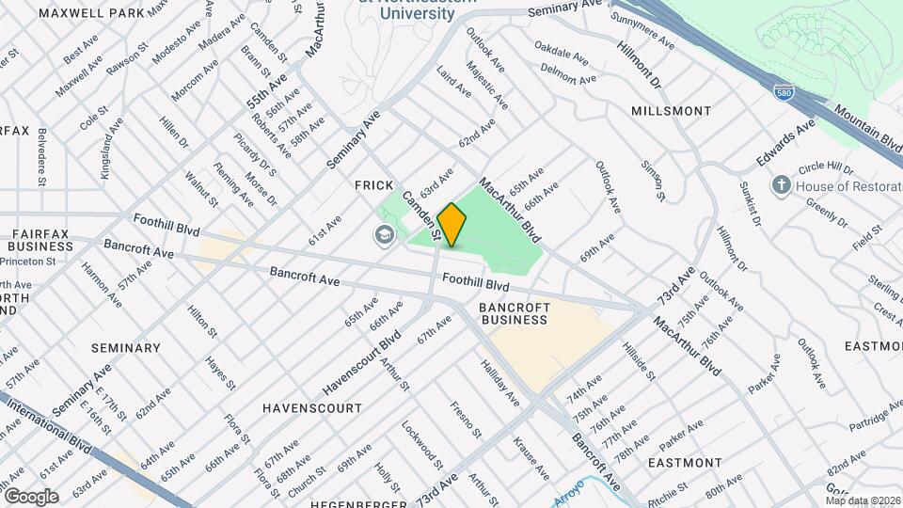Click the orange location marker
tap(451, 225)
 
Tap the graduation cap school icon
tap(384, 234)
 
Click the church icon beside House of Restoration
tap(780, 185)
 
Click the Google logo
tap(31, 496)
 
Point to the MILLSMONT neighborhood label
tap(672, 111)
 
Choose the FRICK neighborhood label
tap(373, 186)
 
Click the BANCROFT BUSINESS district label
tap(514, 313)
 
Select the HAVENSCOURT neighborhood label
tap(311, 408)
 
